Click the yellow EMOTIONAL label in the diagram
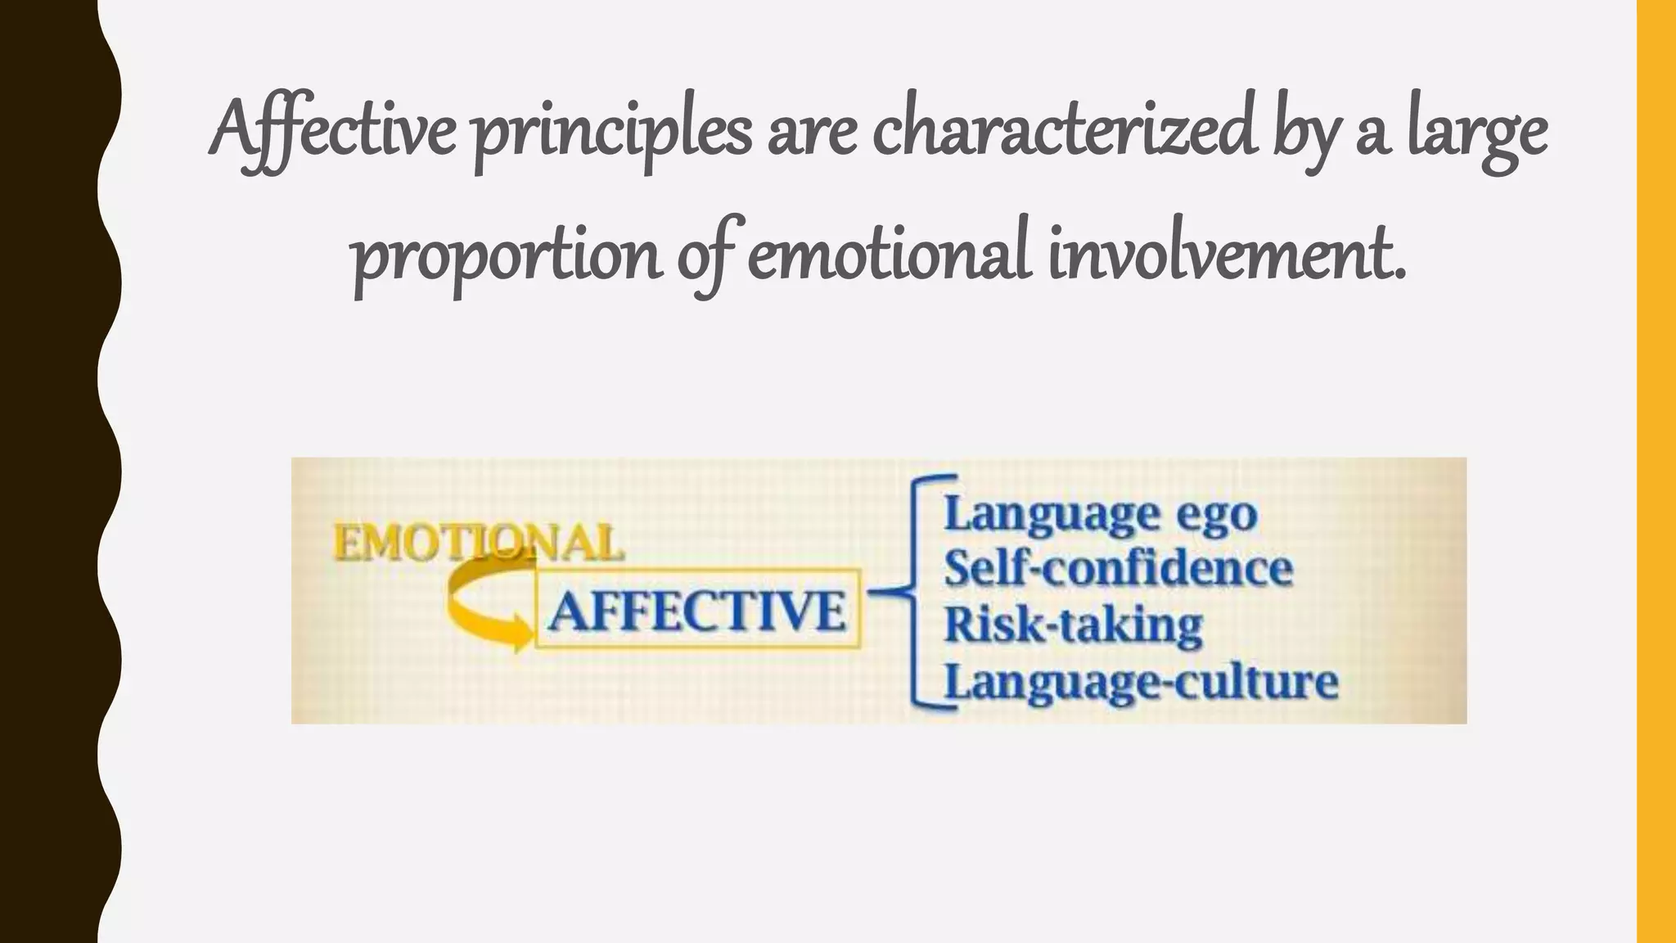(x=478, y=543)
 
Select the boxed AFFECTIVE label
(x=697, y=610)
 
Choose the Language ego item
(x=1101, y=515)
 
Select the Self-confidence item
(x=1119, y=568)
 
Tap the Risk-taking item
(x=1073, y=625)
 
